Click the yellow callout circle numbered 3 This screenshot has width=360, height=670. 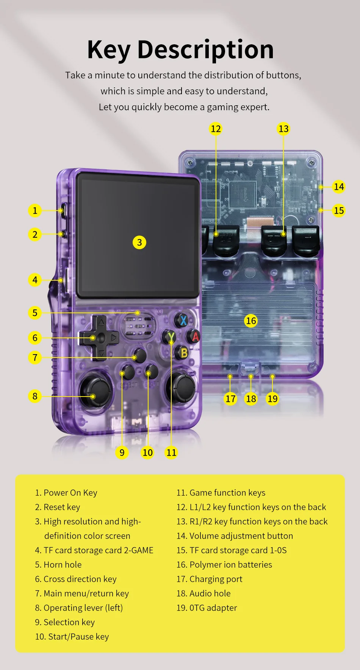click(139, 242)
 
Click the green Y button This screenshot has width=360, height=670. click(170, 336)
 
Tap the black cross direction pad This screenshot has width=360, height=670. click(99, 337)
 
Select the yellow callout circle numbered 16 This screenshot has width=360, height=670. click(251, 321)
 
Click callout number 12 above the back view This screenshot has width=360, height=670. click(216, 129)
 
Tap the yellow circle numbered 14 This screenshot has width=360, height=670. click(339, 187)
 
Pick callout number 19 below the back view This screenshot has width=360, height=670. click(272, 398)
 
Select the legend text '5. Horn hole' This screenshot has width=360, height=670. click(58, 565)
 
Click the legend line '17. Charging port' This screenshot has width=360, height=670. click(209, 579)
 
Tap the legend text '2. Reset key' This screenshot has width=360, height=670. click(58, 507)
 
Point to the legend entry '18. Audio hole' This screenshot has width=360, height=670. click(203, 593)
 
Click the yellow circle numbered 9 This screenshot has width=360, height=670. click(122, 452)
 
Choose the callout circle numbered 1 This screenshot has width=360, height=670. click(35, 210)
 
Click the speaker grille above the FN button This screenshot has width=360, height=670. click(139, 326)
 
